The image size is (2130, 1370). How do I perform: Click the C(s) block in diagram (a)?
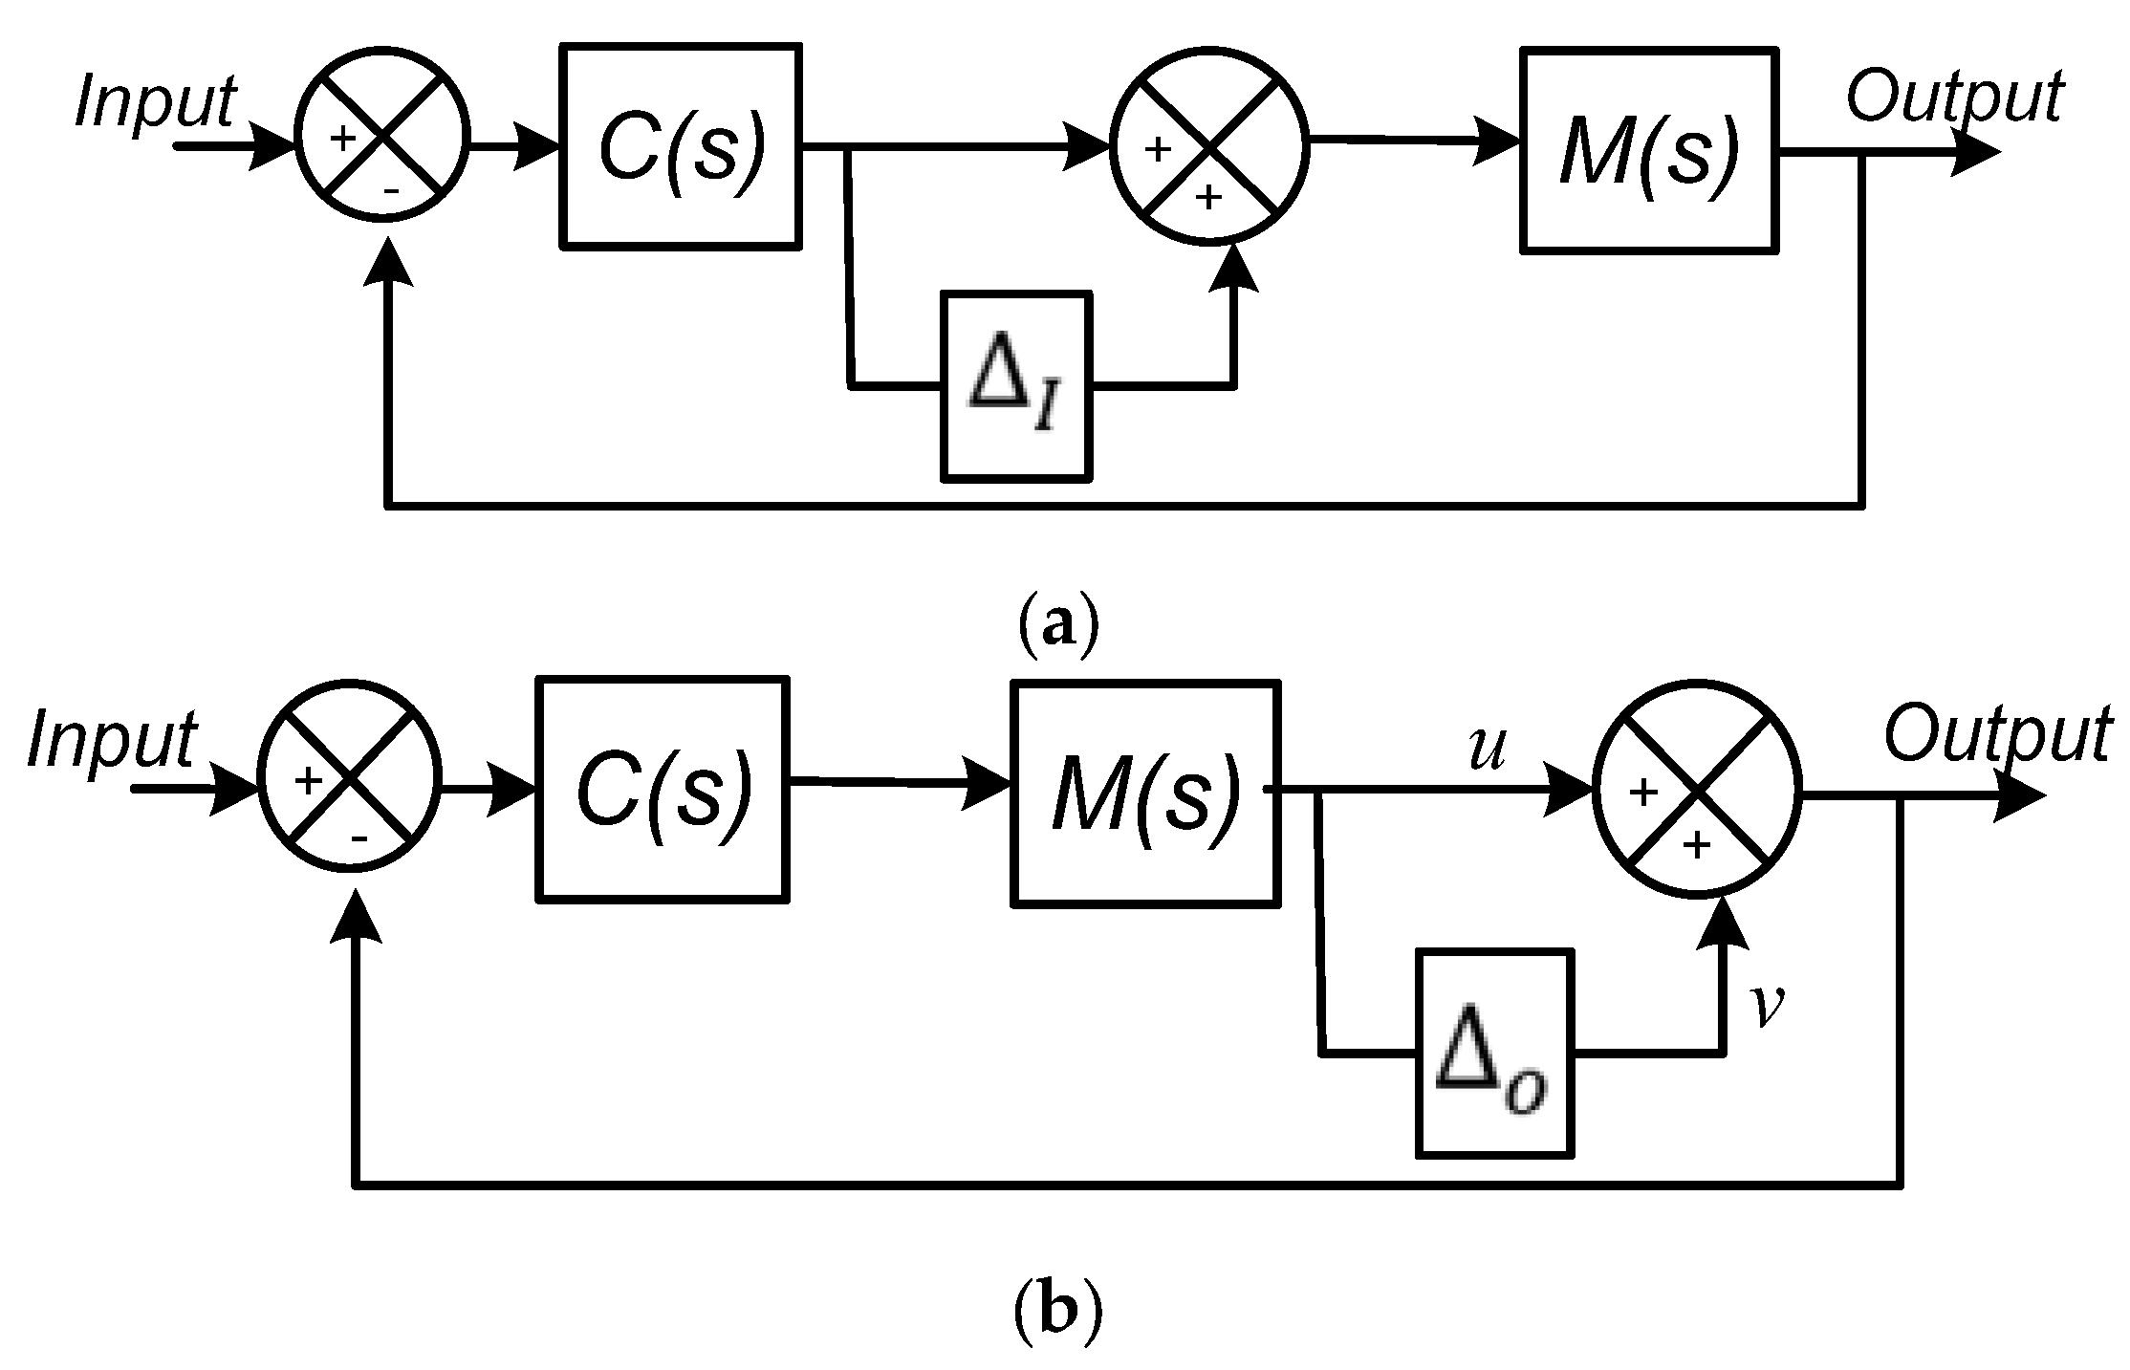pos(680,147)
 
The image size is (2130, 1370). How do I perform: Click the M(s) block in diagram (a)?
pos(1648,150)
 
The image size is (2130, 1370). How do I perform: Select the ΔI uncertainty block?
pos(1015,386)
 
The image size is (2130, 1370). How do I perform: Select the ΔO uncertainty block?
pos(1493,1053)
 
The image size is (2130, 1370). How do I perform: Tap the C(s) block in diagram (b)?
pos(663,789)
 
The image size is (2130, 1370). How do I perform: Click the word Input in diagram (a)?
pos(155,101)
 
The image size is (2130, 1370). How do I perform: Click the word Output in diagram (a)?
pos(1953,98)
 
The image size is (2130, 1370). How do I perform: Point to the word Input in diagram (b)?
pos(112,740)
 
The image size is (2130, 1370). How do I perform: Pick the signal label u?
pos(1486,749)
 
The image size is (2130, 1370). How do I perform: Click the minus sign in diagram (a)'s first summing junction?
pos(391,190)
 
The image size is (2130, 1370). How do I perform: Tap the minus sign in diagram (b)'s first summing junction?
pos(359,839)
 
